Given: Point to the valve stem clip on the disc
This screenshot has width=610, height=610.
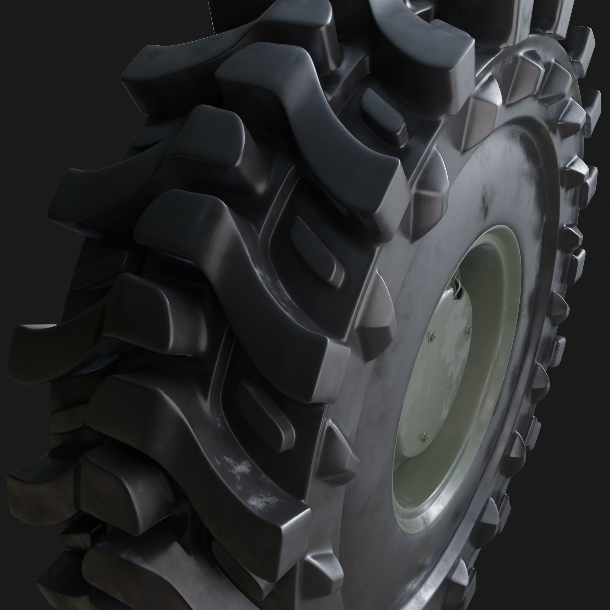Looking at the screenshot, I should (x=457, y=286).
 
